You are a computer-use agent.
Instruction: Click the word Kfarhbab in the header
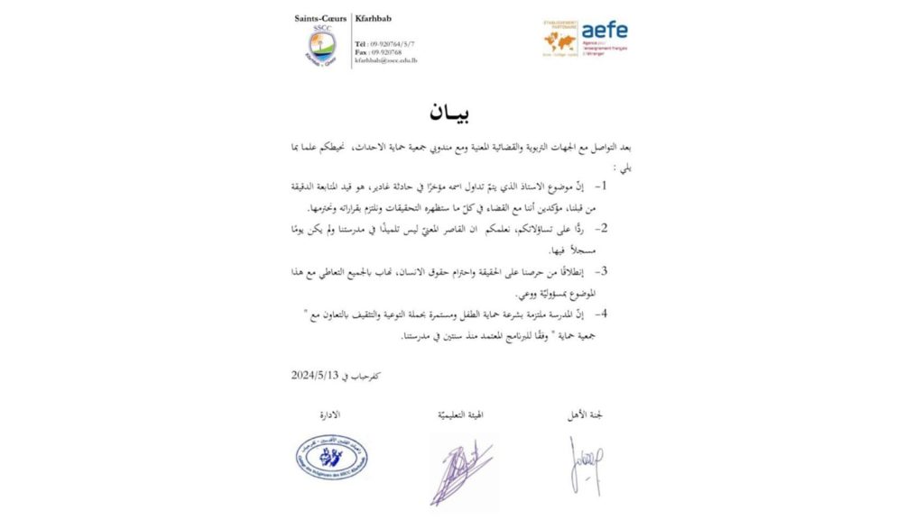click(374, 18)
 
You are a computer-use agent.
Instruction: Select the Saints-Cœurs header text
click(320, 18)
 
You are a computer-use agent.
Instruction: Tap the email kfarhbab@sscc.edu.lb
click(385, 60)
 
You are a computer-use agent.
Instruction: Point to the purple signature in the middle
click(460, 469)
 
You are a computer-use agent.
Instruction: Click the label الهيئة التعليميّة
click(460, 415)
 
